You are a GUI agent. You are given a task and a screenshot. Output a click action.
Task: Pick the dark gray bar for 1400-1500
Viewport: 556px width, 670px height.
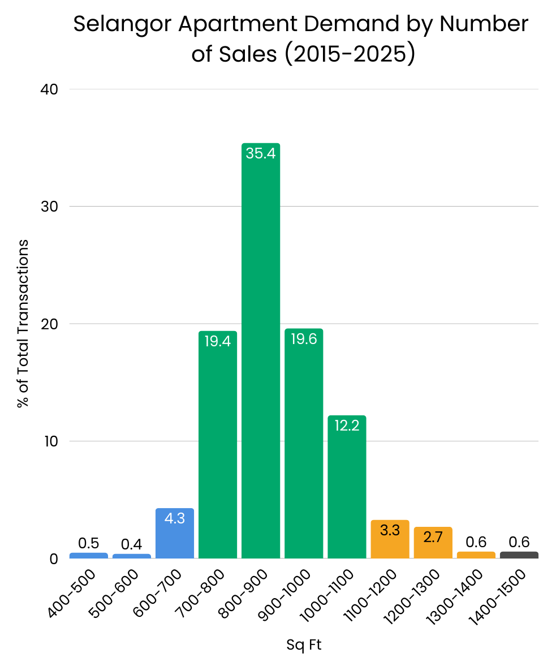[519, 555]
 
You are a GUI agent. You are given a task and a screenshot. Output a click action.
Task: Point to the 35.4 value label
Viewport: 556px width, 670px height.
[261, 153]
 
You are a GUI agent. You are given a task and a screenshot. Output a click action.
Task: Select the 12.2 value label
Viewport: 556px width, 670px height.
[347, 426]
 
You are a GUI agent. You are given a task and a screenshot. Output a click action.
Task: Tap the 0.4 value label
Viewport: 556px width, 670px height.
[132, 545]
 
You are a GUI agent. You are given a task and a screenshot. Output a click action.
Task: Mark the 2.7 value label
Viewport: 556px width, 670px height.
[433, 538]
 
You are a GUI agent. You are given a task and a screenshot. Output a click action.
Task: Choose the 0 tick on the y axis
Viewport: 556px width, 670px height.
[54, 559]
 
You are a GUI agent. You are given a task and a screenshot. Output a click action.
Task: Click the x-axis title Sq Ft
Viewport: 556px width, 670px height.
[304, 645]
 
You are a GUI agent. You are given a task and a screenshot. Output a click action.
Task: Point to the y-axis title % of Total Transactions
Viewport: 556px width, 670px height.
[23, 324]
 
